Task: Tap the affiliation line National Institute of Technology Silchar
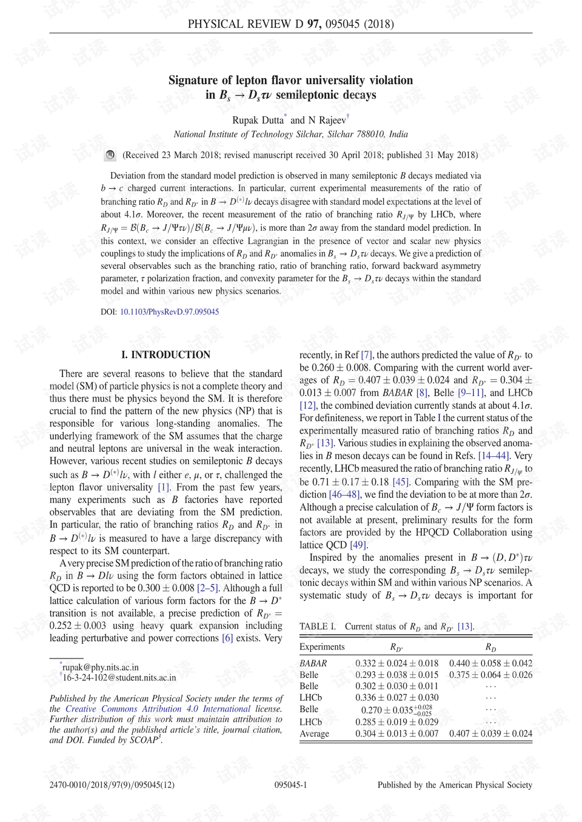[x=290, y=134]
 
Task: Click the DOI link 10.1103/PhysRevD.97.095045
[x=169, y=312]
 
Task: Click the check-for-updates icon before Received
[x=110, y=155]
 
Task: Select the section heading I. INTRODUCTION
[x=166, y=355]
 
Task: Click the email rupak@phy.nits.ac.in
[x=100, y=667]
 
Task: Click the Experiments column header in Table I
[x=322, y=647]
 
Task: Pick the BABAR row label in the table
[x=313, y=663]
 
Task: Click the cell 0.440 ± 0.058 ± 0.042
[x=490, y=663]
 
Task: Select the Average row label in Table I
[x=314, y=734]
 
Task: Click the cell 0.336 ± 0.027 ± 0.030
[x=396, y=698]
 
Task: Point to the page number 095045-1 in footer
[x=290, y=785]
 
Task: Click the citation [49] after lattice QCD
[x=358, y=545]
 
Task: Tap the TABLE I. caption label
[x=317, y=626]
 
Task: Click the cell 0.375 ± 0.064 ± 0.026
[x=490, y=675]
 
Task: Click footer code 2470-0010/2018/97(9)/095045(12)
[x=112, y=785]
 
